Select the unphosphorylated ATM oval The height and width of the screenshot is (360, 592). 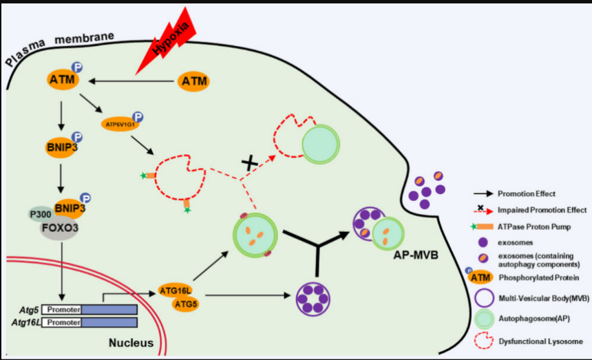point(193,82)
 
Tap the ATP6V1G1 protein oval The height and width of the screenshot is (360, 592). point(119,124)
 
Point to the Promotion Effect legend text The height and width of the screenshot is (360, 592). point(526,194)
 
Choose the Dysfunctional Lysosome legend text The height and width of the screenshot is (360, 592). point(543,341)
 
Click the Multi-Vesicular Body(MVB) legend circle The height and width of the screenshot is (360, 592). point(485,298)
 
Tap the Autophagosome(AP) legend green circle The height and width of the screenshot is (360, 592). point(485,320)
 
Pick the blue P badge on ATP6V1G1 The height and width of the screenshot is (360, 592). point(138,118)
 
